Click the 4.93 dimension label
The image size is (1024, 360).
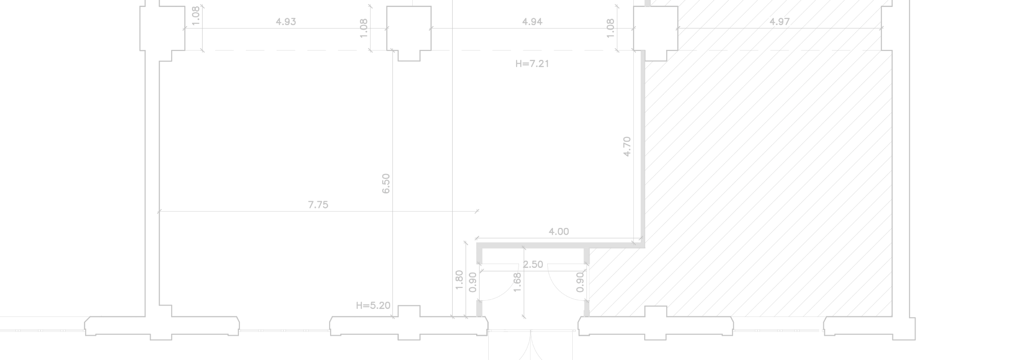click(x=286, y=22)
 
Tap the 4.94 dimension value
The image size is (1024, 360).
click(x=532, y=22)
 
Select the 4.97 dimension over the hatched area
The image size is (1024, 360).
click(x=780, y=22)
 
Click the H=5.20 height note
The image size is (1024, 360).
click(x=373, y=306)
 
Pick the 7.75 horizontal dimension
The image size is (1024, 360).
click(x=318, y=205)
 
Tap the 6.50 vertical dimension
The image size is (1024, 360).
click(x=386, y=184)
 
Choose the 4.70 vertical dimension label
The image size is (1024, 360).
click(x=627, y=147)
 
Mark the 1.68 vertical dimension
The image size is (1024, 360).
click(x=517, y=282)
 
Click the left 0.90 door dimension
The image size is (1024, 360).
click(x=473, y=282)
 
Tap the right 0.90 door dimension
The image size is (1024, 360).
click(x=580, y=282)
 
